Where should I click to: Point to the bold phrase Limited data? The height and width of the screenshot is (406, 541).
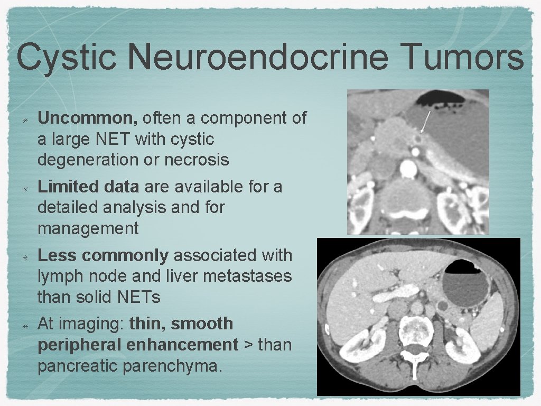click(x=88, y=187)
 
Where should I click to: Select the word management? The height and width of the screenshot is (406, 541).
click(x=88, y=229)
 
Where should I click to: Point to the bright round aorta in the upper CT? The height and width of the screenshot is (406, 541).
click(x=408, y=169)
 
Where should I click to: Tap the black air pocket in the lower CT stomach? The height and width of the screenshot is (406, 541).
click(x=462, y=267)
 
